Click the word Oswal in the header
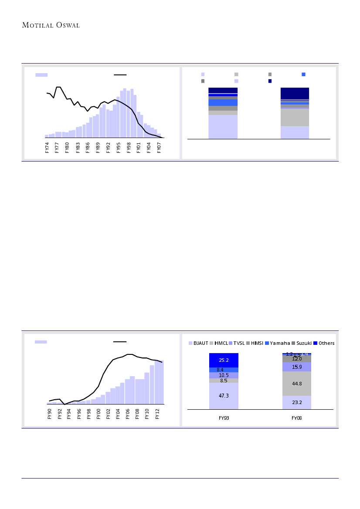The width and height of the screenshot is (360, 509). coord(66,25)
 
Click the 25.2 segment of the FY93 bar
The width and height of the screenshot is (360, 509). coord(224,360)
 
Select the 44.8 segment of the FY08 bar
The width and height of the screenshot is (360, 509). coord(297,384)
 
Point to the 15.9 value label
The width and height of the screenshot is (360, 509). coord(297,367)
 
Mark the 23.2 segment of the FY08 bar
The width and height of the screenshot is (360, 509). coord(297,403)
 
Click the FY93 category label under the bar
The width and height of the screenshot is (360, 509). coord(224,418)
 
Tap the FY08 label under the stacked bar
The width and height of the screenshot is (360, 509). coord(297,418)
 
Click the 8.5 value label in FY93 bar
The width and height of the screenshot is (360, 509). coord(223,381)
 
